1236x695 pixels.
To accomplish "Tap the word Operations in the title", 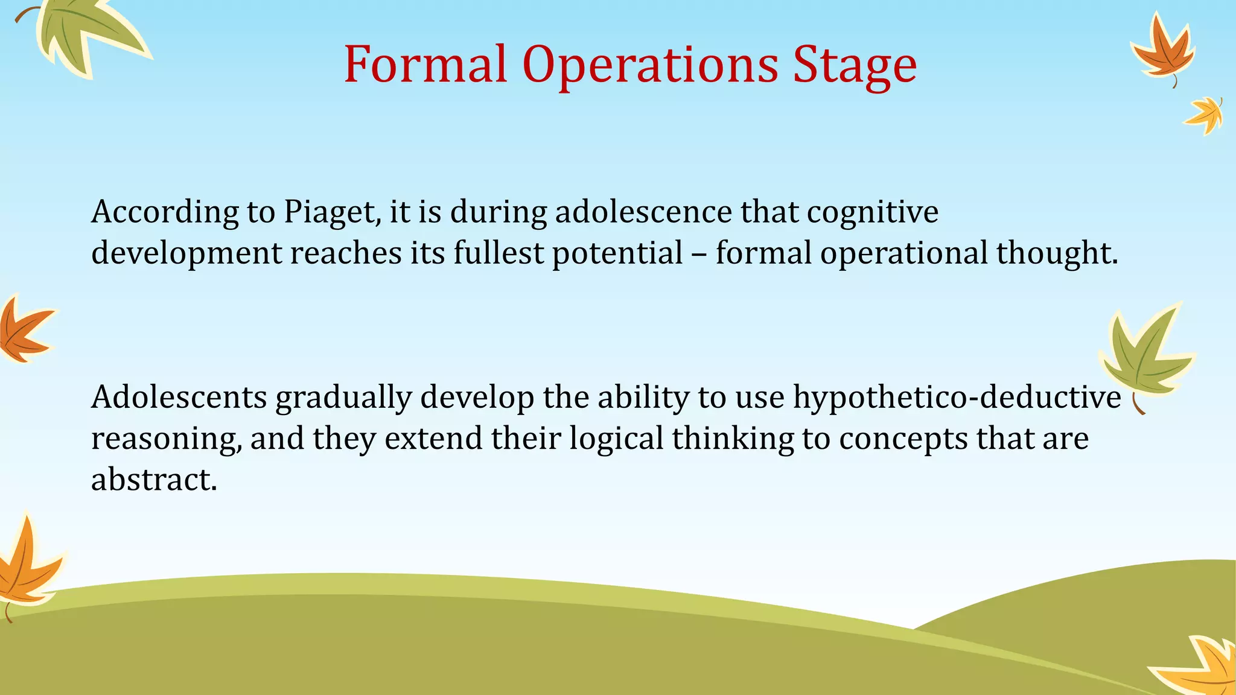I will pyautogui.click(x=650, y=65).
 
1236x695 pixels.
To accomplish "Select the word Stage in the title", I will pyautogui.click(x=855, y=65).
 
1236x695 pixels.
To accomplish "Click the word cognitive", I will pyautogui.click(x=873, y=212).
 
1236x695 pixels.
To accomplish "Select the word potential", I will pyautogui.click(x=617, y=253).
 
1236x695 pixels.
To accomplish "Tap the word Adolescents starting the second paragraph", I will pyautogui.click(x=179, y=397).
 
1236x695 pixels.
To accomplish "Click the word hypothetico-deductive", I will pyautogui.click(x=957, y=398).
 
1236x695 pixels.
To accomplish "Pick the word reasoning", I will pyautogui.click(x=167, y=439).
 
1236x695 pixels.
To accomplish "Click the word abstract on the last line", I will pyautogui.click(x=153, y=480).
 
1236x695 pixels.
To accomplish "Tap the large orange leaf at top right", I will pyautogui.click(x=1163, y=51).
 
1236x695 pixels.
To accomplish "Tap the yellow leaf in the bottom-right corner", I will pyautogui.click(x=1201, y=667).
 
